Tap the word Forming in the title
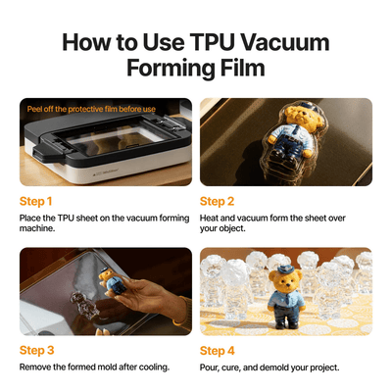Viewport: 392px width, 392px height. coord(171,69)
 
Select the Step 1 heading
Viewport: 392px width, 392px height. coord(35,201)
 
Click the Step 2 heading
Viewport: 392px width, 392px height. coord(217,201)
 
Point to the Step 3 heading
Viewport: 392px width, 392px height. coord(36,350)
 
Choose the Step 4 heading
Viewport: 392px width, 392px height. coord(218,351)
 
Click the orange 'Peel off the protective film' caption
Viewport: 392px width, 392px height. coord(91,109)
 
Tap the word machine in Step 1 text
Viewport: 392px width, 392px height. coord(37,228)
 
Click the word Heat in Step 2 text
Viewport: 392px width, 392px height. coord(209,218)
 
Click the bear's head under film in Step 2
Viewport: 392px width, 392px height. coord(301,116)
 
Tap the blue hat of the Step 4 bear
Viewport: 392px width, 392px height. coord(285,269)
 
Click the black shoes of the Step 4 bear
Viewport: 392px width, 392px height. coord(287,324)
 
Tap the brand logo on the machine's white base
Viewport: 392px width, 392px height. coord(103,171)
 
